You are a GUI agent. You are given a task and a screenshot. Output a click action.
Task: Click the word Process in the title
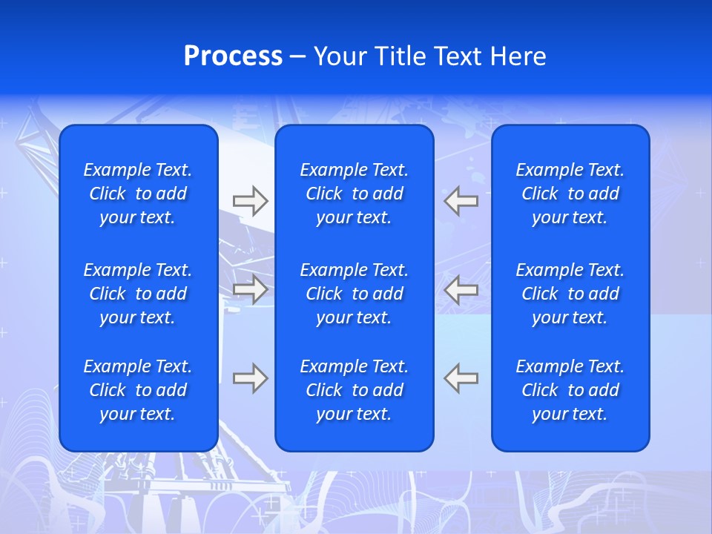pos(233,56)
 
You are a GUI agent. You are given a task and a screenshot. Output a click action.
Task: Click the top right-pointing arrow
pos(250,200)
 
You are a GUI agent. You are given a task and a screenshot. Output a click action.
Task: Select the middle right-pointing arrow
pos(250,289)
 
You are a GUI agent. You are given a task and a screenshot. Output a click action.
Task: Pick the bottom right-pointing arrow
pos(250,378)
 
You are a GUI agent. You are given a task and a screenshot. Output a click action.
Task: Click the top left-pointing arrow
pos(461,200)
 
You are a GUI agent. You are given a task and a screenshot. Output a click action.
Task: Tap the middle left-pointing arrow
pos(461,289)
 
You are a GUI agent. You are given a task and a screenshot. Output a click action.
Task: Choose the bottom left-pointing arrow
pos(461,378)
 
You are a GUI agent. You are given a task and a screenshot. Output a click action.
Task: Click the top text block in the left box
pos(138,194)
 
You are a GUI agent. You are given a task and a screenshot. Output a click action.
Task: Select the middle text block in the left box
pos(138,294)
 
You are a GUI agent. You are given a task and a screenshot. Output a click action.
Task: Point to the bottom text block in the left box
pos(138,390)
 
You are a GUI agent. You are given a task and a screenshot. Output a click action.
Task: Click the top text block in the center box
pos(355,194)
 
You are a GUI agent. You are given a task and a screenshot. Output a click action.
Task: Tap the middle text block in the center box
pos(355,294)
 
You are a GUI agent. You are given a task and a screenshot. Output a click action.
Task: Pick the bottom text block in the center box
pos(355,390)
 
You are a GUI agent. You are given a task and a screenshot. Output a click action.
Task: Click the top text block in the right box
pos(570,194)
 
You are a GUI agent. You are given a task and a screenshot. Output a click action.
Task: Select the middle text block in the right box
pos(570,294)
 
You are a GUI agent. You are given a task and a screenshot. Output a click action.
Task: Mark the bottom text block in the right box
pos(570,390)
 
